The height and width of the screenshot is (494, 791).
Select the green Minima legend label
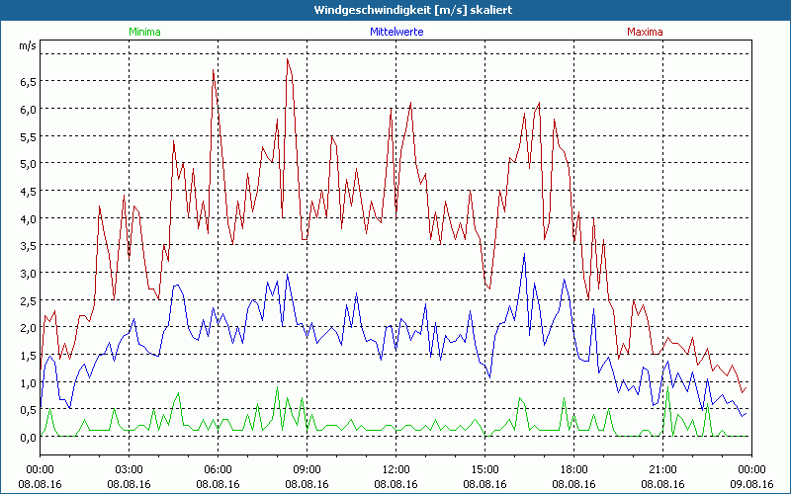pos(143,32)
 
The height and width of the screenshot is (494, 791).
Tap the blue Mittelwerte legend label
pos(395,32)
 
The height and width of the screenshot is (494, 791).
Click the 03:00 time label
pos(129,469)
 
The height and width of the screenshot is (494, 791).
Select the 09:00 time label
pos(307,469)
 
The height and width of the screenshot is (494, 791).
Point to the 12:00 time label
pos(395,469)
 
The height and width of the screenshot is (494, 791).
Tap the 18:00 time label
pos(573,469)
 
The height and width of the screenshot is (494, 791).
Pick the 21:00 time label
pos(662,469)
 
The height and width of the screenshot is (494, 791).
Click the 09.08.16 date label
pos(751,484)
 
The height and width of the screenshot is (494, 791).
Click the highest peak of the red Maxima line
pos(288,59)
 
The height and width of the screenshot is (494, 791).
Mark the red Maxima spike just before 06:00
pos(214,71)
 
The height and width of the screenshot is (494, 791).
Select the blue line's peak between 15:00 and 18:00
pos(525,255)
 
